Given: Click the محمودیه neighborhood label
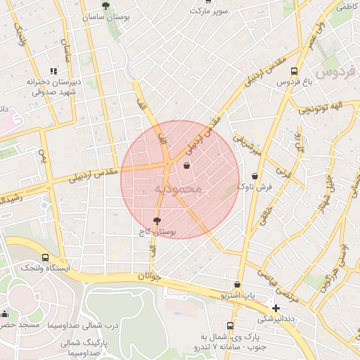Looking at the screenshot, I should pyautogui.click(x=178, y=188).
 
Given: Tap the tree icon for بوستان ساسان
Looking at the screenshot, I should pyautogui.click(x=105, y=6).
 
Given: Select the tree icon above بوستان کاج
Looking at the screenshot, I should pyautogui.click(x=156, y=221).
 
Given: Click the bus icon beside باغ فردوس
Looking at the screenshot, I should pyautogui.click(x=294, y=71).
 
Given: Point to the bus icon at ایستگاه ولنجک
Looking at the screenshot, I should pyautogui.click(x=46, y=257).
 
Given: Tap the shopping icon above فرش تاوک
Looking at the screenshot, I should pyautogui.click(x=255, y=176).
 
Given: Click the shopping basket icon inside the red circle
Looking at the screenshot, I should pyautogui.click(x=186, y=166).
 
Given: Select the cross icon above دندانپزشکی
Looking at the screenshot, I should pyautogui.click(x=276, y=308).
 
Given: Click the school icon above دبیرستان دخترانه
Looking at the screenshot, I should pyautogui.click(x=53, y=71).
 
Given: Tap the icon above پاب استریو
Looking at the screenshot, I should pyautogui.click(x=237, y=285).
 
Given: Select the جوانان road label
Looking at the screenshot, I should pyautogui.click(x=150, y=276).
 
